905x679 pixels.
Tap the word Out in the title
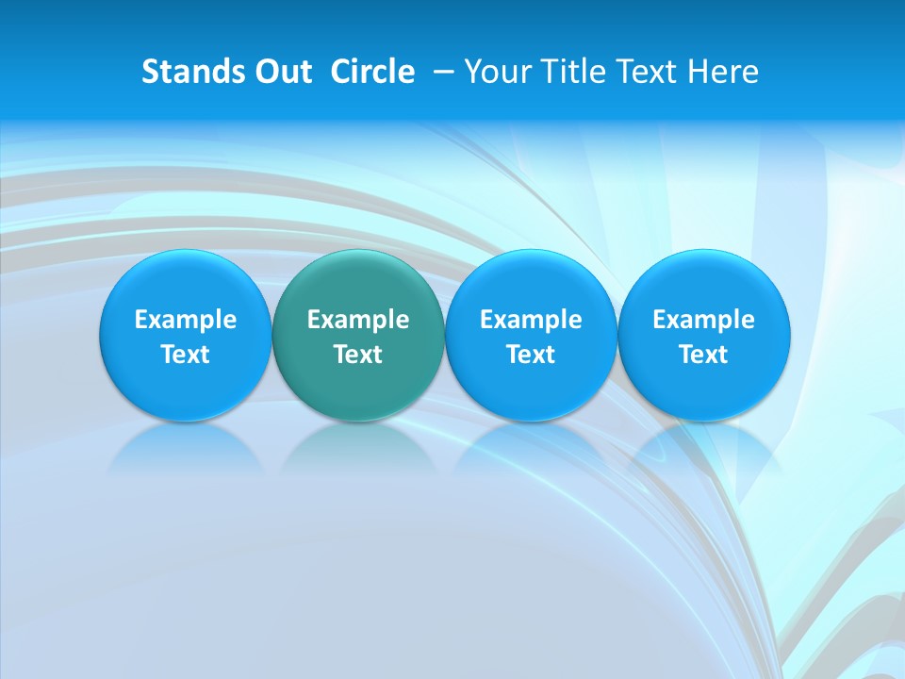[x=280, y=72]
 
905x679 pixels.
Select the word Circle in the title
[x=372, y=72]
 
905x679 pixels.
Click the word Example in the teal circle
[x=358, y=320]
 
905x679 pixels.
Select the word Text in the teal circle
[x=358, y=355]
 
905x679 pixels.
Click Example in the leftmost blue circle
[x=186, y=320]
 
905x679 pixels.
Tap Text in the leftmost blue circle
[x=186, y=355]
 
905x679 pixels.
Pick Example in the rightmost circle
[x=703, y=320]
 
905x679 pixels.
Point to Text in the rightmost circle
[x=703, y=355]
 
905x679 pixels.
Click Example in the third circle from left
[x=531, y=320]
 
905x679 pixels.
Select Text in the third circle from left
[x=531, y=355]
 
